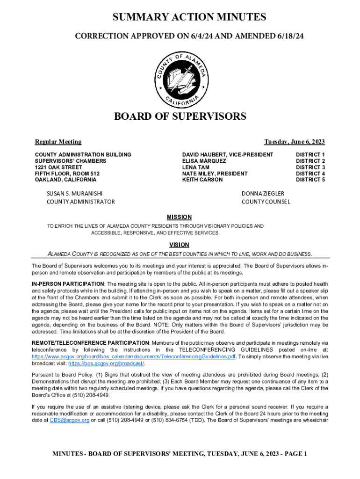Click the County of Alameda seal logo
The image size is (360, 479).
point(180,78)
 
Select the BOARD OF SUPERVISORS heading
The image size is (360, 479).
point(180,116)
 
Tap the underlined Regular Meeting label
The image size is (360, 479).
point(58,142)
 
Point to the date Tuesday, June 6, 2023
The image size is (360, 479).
point(295,142)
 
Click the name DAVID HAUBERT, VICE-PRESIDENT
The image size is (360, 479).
point(228,154)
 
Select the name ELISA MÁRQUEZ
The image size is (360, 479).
point(204,161)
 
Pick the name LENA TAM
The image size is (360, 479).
point(195,167)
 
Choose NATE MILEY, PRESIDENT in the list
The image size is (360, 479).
point(215,174)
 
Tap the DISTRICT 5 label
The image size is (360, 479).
point(310,180)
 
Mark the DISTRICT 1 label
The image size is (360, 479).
point(310,154)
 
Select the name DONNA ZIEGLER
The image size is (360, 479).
point(263,193)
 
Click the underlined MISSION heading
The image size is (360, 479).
point(180,217)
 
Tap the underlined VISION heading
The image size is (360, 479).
point(179,245)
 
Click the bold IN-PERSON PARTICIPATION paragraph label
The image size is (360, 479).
point(68,284)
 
